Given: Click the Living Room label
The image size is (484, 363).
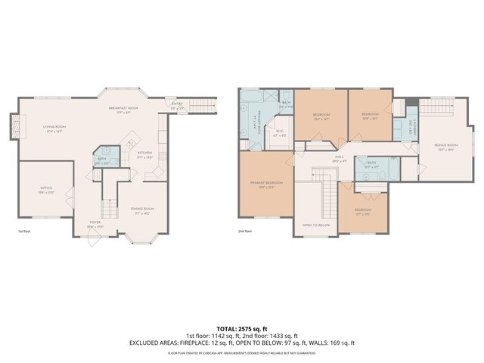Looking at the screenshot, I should tap(54, 129).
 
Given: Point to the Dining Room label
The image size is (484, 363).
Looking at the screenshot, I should tap(142, 209).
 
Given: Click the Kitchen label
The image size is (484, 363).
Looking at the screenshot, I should tap(144, 154).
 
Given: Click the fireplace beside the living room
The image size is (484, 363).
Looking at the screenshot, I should tap(13, 126).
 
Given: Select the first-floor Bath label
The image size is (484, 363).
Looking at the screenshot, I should tap(103, 161).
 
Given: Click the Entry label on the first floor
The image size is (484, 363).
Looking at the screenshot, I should tap(177, 107).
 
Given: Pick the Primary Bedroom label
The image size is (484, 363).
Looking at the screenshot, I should tap(266, 184).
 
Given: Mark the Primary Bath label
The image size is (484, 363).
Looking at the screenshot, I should tap(254, 122).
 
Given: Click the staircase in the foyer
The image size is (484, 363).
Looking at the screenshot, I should tap(109, 207).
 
